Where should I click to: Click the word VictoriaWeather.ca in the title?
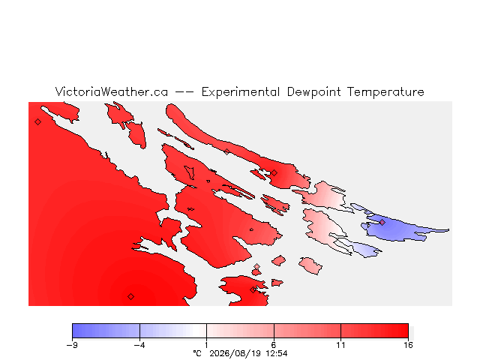click(112, 91)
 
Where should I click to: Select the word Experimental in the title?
click(241, 92)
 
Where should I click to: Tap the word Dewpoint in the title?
click(313, 92)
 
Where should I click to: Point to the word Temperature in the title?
click(385, 92)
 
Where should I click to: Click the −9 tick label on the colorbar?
click(72, 345)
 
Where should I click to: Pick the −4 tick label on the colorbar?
click(139, 345)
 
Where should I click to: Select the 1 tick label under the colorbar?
click(207, 345)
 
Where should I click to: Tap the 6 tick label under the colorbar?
click(274, 345)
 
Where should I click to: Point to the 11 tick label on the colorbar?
click(340, 345)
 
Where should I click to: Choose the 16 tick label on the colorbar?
click(408, 345)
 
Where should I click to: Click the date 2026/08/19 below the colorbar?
click(235, 353)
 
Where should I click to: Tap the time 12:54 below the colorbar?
click(277, 353)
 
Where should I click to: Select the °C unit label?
click(197, 353)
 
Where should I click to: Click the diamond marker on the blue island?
click(382, 223)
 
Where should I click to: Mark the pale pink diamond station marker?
click(256, 267)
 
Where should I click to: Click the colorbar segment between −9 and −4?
click(106, 331)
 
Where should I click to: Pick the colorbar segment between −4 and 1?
click(173, 331)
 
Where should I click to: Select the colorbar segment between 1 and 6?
click(240, 331)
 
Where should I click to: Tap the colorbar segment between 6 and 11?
click(307, 331)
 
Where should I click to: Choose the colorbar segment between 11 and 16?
click(375, 331)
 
